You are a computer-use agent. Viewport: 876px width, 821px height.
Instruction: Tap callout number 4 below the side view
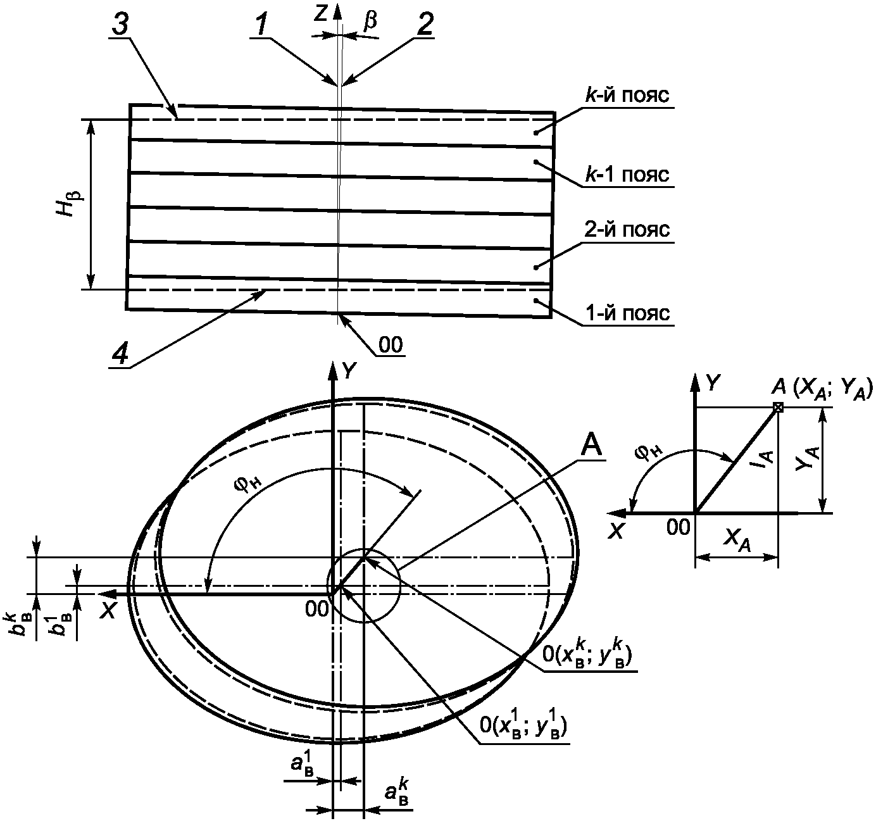coord(120,353)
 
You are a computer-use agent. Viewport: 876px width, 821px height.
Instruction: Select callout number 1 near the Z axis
coord(261,25)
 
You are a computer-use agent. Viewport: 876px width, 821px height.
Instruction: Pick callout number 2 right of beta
coord(425,25)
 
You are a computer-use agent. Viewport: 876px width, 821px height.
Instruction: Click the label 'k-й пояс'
coord(627,96)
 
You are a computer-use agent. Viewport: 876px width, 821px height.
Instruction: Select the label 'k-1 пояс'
coord(627,175)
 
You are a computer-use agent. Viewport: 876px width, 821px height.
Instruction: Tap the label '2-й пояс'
coord(627,229)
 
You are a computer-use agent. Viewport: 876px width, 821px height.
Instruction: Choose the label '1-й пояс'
coord(627,313)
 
